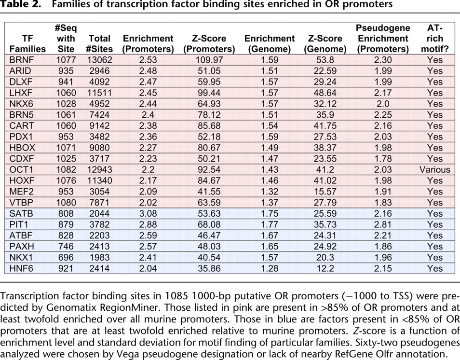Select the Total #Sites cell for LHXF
pyautogui.click(x=100, y=93)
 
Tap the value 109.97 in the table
pyautogui.click(x=209, y=60)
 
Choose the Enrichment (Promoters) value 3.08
pyautogui.click(x=148, y=214)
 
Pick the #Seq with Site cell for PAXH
pyautogui.click(x=66, y=247)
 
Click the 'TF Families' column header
pyautogui.click(x=27, y=43)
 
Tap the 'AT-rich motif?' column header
pyautogui.click(x=434, y=38)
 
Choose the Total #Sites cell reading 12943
pyautogui.click(x=100, y=170)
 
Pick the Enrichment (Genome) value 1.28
pyautogui.click(x=269, y=269)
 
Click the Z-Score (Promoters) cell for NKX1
pyautogui.click(x=209, y=258)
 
